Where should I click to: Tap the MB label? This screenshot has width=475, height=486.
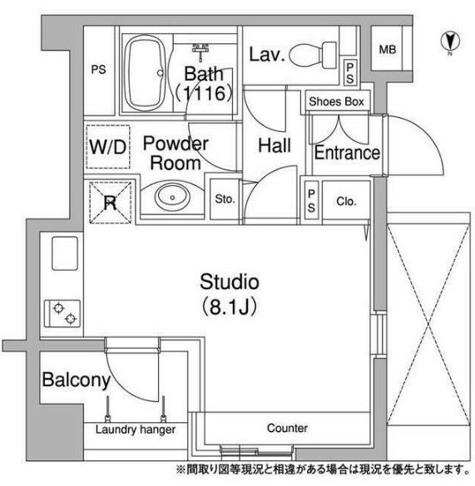point(388,50)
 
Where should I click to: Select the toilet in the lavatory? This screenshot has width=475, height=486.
point(313,55)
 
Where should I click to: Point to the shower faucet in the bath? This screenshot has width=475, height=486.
point(200,52)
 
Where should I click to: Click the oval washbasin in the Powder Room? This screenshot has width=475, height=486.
point(172,197)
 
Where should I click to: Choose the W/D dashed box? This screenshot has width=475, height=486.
point(108,146)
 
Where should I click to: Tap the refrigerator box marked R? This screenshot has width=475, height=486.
point(110,203)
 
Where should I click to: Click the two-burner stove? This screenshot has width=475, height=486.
point(62,313)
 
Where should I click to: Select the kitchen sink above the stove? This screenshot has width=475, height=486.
point(65,253)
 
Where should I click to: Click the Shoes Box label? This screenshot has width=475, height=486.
point(337,101)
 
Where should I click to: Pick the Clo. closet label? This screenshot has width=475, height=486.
point(346,202)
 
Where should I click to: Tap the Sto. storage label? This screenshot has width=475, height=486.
point(225,199)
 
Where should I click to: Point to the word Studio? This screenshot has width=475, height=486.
point(230,282)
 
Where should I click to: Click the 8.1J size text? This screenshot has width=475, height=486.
point(230,307)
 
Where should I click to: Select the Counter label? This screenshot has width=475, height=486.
point(287,428)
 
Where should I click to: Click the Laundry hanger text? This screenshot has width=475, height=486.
point(136,430)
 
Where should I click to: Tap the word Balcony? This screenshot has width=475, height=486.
point(77,380)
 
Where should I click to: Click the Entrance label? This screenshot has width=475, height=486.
point(347,153)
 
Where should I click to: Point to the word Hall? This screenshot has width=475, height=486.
point(275,145)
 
